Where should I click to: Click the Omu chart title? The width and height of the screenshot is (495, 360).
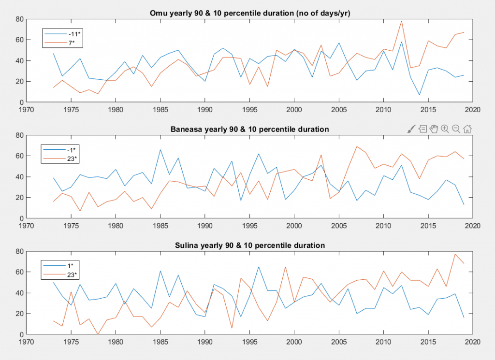(x=249, y=14)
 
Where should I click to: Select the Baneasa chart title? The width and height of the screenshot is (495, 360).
(x=249, y=130)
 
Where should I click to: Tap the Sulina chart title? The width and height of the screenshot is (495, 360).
(x=249, y=245)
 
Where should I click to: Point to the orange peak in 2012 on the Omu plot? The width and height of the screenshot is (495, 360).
(x=401, y=21)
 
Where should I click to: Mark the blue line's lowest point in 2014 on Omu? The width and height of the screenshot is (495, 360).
(x=419, y=95)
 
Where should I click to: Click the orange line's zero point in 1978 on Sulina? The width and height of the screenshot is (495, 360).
(x=98, y=334)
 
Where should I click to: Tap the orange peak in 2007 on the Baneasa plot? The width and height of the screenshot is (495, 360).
(x=357, y=146)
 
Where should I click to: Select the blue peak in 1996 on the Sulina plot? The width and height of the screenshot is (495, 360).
(x=259, y=267)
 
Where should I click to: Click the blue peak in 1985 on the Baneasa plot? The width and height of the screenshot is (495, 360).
(x=160, y=150)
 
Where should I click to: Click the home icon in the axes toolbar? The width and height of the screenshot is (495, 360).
(x=467, y=129)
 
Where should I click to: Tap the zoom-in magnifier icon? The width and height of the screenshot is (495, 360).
(x=445, y=129)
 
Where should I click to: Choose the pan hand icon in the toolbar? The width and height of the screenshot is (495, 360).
(x=434, y=129)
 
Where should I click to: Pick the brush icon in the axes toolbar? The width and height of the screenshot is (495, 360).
(x=411, y=129)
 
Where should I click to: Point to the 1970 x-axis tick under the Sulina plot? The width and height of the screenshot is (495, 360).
(x=27, y=341)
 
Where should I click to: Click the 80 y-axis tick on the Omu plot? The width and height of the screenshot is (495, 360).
(x=20, y=19)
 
